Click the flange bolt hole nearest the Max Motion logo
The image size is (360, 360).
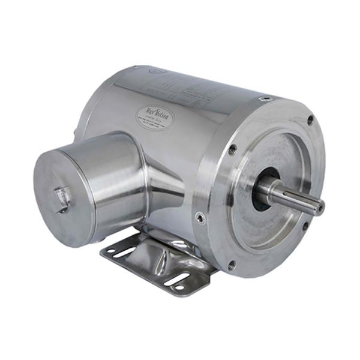[232, 150]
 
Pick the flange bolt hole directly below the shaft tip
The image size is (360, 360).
[305, 226]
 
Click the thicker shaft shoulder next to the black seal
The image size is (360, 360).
[268, 191]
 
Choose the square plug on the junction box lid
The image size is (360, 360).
[62, 199]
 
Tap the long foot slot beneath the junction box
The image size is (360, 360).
[123, 253]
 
